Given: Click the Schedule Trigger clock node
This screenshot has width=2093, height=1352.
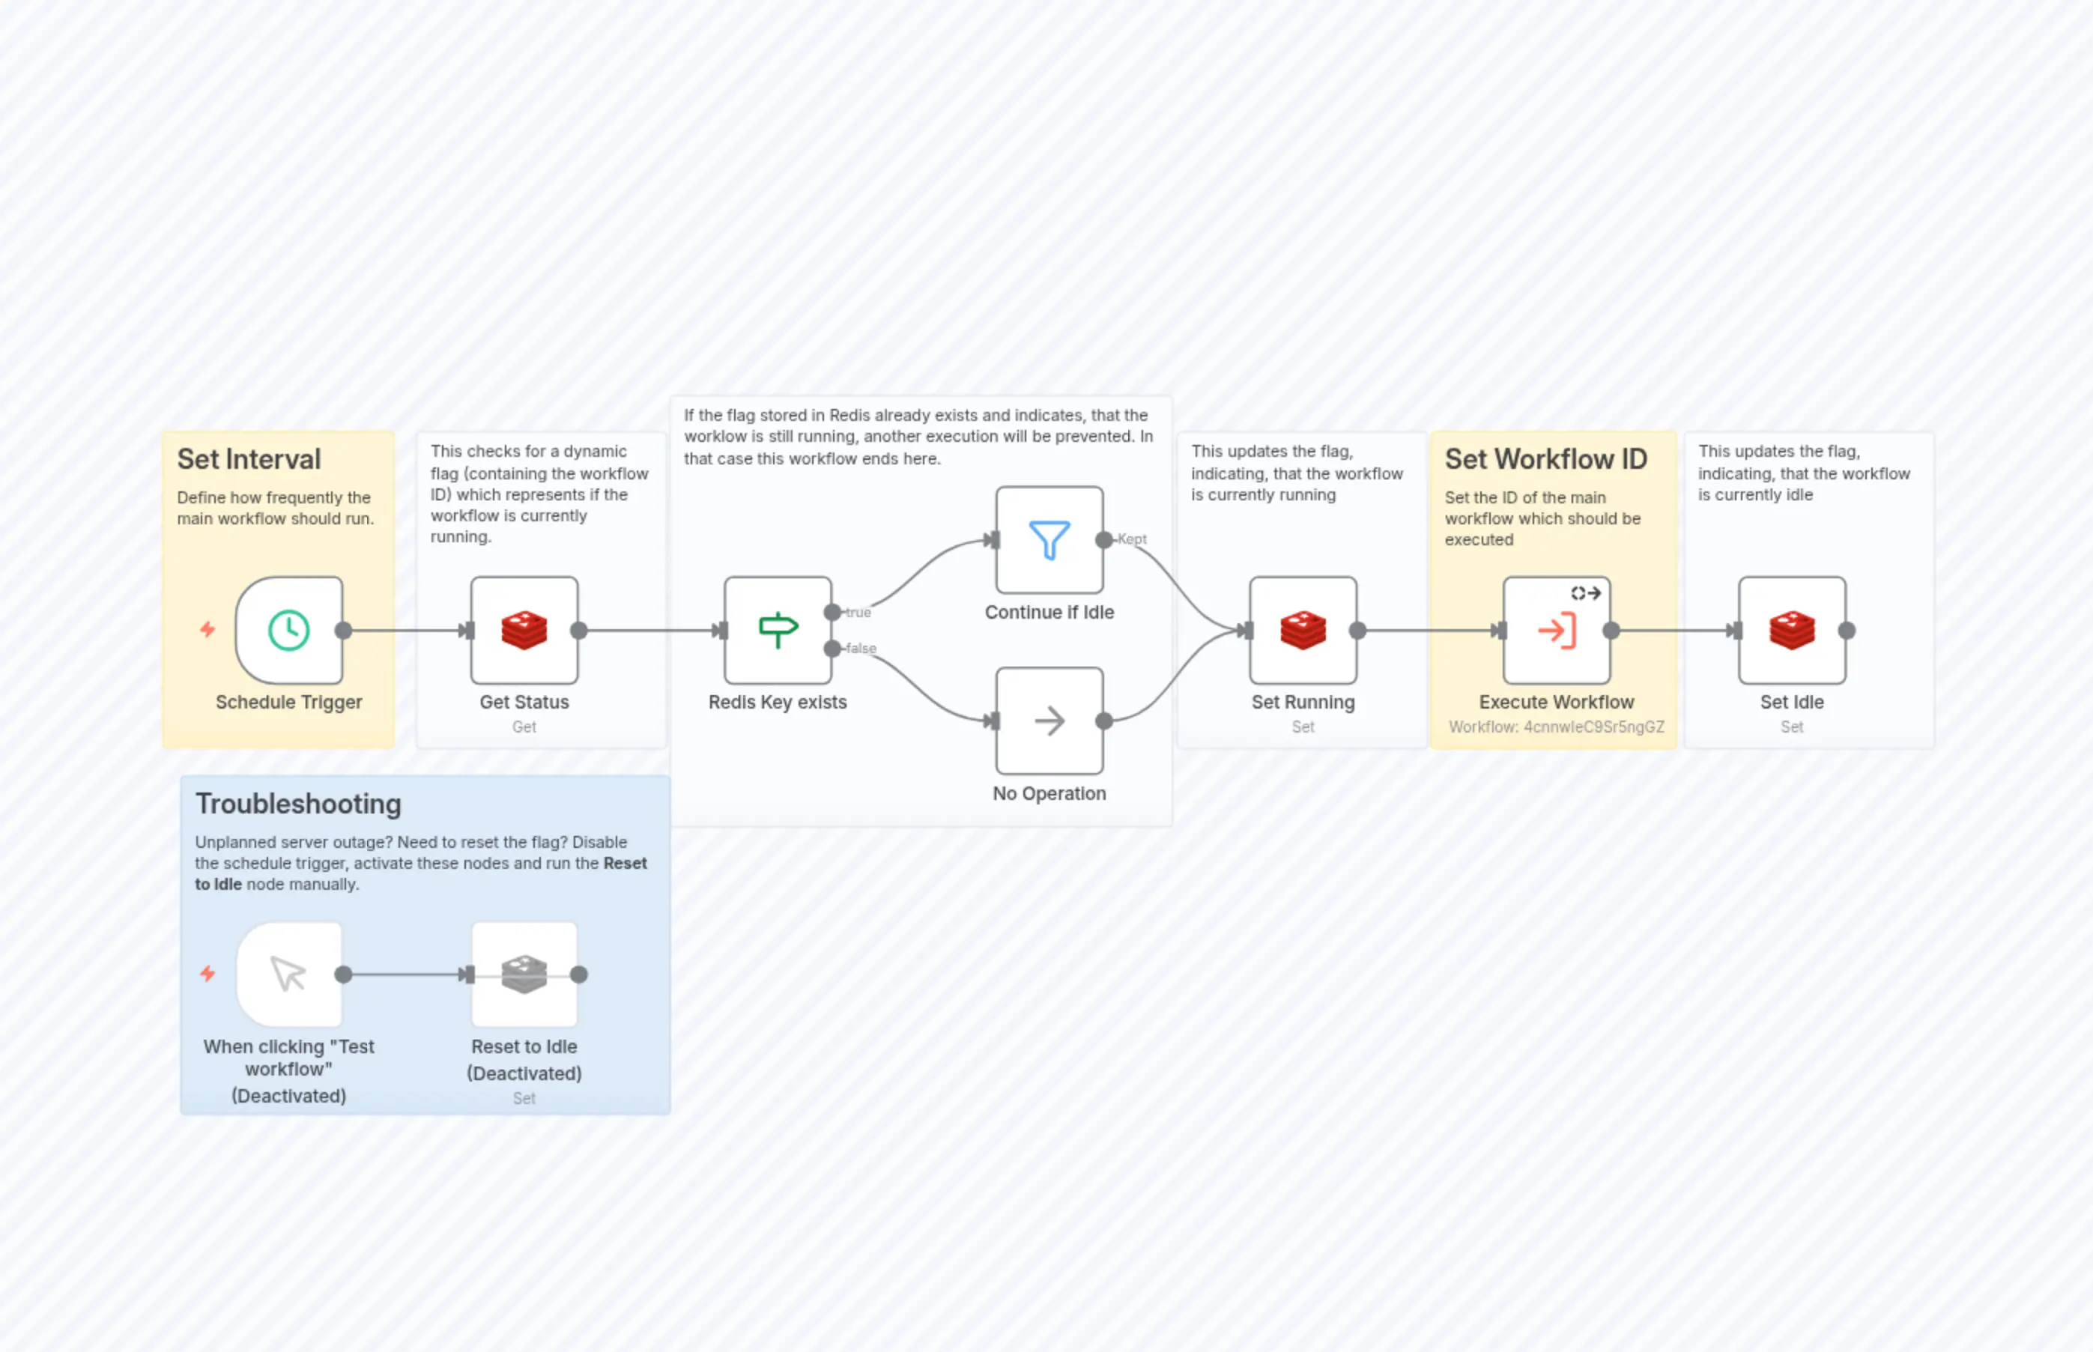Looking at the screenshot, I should pyautogui.click(x=289, y=631).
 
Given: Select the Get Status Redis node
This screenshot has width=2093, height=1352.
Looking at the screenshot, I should pyautogui.click(x=524, y=631).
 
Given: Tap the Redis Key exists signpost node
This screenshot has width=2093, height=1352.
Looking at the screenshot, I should pyautogui.click(x=778, y=631).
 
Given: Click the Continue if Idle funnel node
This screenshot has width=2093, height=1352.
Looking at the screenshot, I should pyautogui.click(x=1049, y=540).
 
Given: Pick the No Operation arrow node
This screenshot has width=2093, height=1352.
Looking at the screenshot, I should pyautogui.click(x=1049, y=721).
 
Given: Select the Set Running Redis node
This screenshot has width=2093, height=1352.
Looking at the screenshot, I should pyautogui.click(x=1303, y=631).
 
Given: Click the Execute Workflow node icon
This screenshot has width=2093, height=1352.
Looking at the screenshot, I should pyautogui.click(x=1557, y=631).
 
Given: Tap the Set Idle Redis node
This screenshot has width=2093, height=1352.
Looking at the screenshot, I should pyautogui.click(x=1792, y=631).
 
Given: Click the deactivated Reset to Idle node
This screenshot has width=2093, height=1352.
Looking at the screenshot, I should pyautogui.click(x=524, y=974).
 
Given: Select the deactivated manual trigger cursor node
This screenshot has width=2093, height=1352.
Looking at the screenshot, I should pyautogui.click(x=289, y=974).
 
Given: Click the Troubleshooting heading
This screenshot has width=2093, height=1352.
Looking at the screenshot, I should pyautogui.click(x=298, y=804).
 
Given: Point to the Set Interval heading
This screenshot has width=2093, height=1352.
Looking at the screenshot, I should pyautogui.click(x=249, y=459).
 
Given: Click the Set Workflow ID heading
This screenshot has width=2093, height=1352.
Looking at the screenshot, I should pyautogui.click(x=1546, y=459).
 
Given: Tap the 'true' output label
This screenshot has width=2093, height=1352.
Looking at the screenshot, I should pyautogui.click(x=858, y=613).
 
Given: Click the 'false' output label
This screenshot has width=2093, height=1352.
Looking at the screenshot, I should pyautogui.click(x=861, y=649).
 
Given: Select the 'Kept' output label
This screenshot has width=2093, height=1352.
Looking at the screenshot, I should pyautogui.click(x=1133, y=539).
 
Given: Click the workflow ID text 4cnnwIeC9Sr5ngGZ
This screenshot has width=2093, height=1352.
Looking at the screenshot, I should pyautogui.click(x=1593, y=727).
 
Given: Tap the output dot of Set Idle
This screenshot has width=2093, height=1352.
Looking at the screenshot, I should pyautogui.click(x=1847, y=631).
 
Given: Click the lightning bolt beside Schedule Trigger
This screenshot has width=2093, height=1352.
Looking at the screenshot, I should pyautogui.click(x=208, y=629).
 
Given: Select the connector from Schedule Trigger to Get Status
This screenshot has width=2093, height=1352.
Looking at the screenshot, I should pyautogui.click(x=404, y=631).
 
